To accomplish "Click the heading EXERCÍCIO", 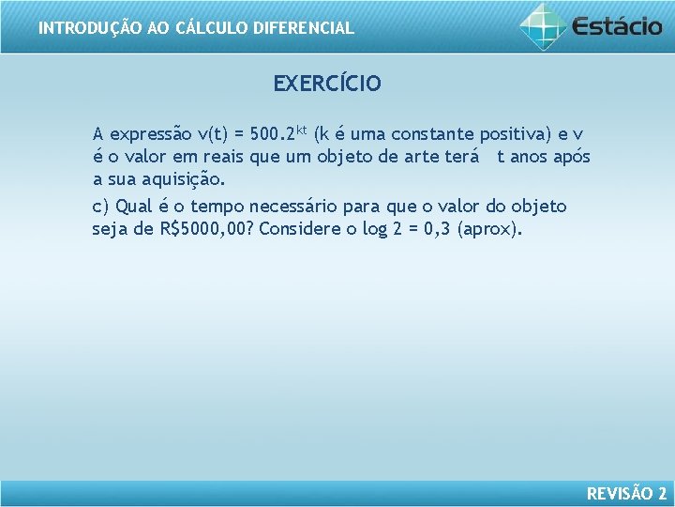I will [327, 84].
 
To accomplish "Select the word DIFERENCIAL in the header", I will [307, 28].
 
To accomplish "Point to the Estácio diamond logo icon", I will [543, 25].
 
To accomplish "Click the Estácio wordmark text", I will [617, 26].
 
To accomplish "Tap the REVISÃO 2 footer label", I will [626, 493].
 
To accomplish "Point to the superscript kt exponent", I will [302, 128].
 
